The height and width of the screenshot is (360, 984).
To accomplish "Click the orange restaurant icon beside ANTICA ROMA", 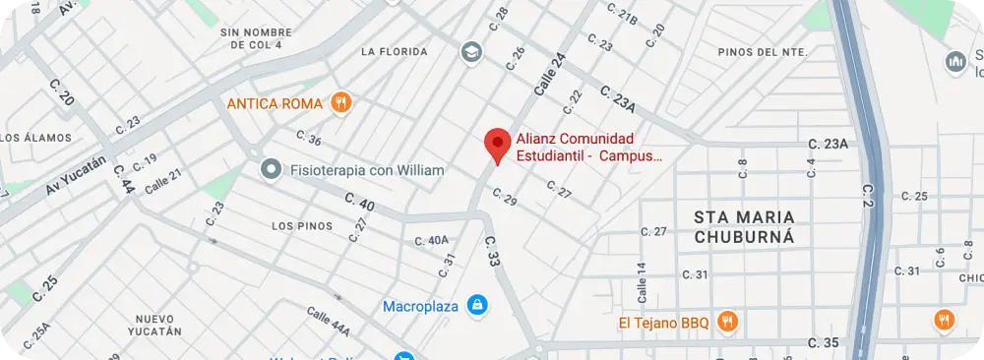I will point(341,101).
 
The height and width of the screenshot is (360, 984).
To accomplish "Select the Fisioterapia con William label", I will point(367,170).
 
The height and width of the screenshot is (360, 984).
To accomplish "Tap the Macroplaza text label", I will point(420,306).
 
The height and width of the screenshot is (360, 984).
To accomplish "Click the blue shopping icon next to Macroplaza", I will point(476,305).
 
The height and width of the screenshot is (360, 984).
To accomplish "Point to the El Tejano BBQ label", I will point(663,321).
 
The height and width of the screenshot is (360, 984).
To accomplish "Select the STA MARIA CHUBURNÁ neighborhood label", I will point(744,226).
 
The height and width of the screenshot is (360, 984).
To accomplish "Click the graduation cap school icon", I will point(471,51).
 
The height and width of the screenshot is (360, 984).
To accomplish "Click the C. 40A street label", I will point(431,240).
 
